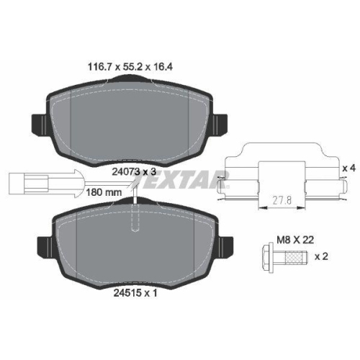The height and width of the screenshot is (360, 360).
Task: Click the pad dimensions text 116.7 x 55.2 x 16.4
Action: click(x=130, y=67)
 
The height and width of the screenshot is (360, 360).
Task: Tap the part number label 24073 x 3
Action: click(x=134, y=171)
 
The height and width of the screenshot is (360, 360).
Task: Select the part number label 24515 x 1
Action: click(x=135, y=292)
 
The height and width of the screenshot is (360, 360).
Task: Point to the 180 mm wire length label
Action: click(x=104, y=192)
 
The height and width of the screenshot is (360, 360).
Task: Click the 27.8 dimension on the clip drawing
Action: click(x=282, y=200)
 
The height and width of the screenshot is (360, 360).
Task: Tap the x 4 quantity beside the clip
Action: click(x=348, y=168)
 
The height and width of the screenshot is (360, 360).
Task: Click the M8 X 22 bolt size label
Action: click(x=295, y=240)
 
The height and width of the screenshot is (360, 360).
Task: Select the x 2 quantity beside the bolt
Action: click(x=321, y=256)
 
